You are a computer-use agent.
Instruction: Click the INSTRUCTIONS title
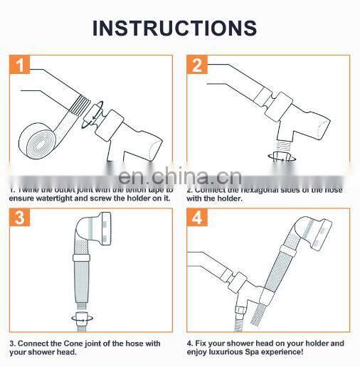174,28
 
